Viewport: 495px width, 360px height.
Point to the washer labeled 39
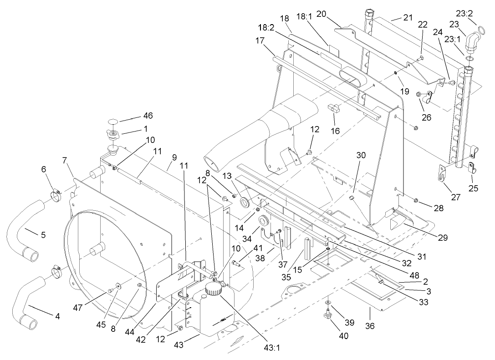point(328,302)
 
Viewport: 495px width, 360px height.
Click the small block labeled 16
point(335,108)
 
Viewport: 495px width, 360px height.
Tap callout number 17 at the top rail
point(260,40)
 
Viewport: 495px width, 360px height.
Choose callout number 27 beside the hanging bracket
point(455,198)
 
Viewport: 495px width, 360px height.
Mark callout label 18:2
point(265,28)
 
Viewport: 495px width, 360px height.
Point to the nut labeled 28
point(416,200)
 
